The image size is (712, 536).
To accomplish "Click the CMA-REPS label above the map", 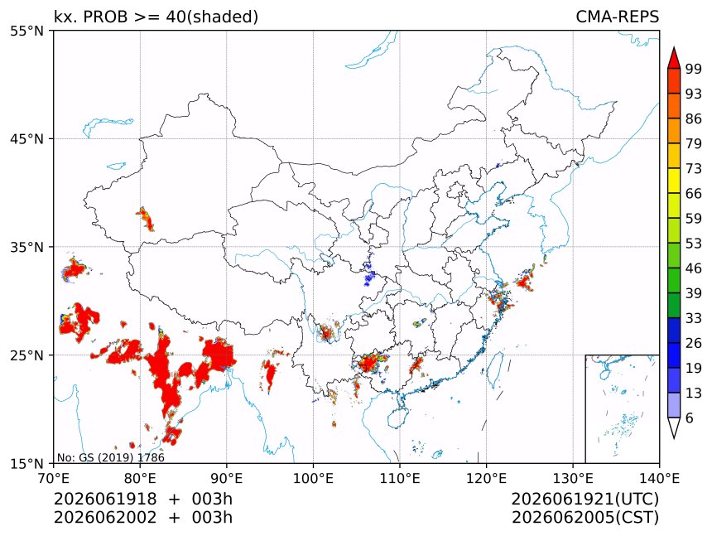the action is coord(617,17).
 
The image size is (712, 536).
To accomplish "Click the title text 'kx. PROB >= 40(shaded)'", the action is coord(156,17).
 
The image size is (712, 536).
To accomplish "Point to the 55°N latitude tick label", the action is coord(26,31).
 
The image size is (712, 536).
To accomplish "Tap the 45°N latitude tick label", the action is coord(26,138).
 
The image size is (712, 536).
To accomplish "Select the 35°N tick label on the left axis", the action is coord(26,247).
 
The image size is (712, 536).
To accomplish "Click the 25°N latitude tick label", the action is coord(26,355).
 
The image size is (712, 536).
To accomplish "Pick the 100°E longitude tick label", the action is coord(313,478).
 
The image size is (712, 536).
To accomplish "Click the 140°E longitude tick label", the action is coord(659,478).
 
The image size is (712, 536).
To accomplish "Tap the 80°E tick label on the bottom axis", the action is coord(139,478).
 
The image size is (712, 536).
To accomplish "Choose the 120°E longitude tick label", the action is coord(486,478).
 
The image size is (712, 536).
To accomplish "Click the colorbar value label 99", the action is coord(694,69).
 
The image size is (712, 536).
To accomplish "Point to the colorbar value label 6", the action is coord(690,418).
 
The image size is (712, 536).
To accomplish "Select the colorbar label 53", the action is coord(694,244).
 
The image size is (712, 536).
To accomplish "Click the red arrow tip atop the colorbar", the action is coord(674,47).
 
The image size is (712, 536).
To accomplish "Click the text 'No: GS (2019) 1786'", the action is coord(111,457).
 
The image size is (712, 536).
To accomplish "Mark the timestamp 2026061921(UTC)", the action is coord(585,499).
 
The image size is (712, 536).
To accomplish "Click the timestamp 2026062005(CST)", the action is coord(585,518).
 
